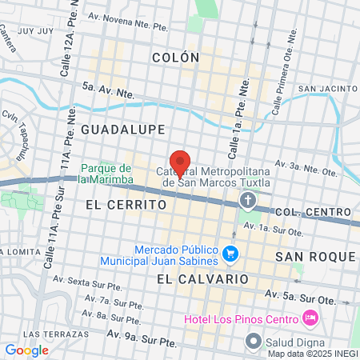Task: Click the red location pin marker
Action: coord(181,162)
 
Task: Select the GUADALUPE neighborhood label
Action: coord(122,129)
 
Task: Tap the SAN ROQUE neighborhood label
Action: coord(314,256)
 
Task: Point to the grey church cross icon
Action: coord(249,199)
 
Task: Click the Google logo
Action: coord(26,350)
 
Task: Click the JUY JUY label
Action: coord(36,31)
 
